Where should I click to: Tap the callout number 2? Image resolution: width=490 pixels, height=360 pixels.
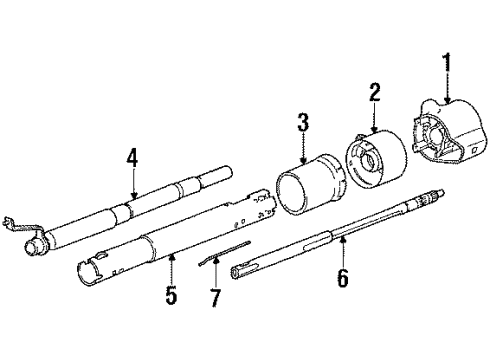tap(376, 94)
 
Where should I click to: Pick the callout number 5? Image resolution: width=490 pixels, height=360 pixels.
tap(171, 296)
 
